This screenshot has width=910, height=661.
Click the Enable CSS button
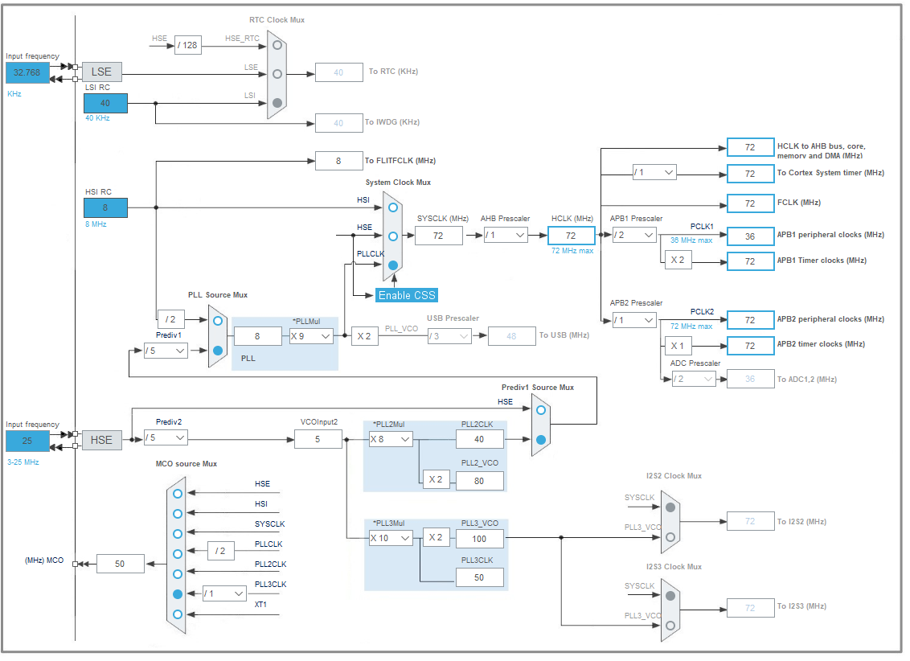click(407, 295)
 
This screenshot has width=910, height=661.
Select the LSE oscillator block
click(101, 72)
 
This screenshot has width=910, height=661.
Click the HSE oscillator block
click(101, 440)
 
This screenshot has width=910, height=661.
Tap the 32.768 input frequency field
click(27, 72)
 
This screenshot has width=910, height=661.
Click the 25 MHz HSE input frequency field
click(27, 441)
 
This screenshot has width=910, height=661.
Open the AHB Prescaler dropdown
click(506, 235)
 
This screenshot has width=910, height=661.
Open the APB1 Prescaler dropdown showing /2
click(633, 235)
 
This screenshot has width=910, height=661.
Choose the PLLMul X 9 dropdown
click(311, 336)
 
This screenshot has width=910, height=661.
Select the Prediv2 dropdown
click(166, 437)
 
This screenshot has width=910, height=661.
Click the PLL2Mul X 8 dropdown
click(391, 439)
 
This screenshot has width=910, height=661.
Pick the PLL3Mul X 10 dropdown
click(391, 537)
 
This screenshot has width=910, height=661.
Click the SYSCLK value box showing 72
click(439, 235)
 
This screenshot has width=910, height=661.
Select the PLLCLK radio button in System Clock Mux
click(392, 265)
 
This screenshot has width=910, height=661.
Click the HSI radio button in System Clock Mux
click(392, 207)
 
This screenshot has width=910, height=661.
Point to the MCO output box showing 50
click(121, 564)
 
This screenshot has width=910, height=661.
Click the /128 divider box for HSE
click(187, 45)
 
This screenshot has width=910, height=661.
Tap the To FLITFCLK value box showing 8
click(338, 161)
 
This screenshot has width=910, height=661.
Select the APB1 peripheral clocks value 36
click(750, 236)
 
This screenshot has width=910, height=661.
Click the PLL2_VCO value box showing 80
click(480, 480)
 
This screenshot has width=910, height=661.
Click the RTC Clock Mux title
click(277, 19)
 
